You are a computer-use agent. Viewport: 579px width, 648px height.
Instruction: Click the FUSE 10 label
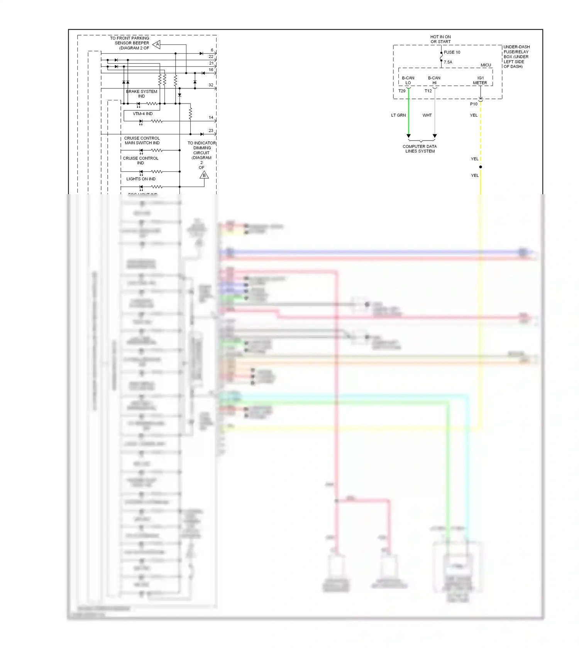[452, 52]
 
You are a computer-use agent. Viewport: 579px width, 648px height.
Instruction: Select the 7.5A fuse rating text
[448, 62]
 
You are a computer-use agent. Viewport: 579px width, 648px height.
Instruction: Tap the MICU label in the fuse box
[486, 65]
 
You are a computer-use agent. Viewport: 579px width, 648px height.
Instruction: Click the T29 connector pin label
[402, 91]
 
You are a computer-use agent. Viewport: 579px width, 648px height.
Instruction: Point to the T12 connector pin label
[428, 91]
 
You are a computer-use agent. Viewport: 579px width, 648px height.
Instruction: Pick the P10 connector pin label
[474, 104]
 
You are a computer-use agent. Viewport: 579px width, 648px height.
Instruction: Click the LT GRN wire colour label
[398, 115]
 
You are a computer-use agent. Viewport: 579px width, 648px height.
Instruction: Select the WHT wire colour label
[427, 115]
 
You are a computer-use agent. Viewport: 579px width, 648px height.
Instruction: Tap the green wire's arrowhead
[408, 136]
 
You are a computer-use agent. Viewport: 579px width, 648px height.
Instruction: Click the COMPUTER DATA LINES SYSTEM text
[420, 149]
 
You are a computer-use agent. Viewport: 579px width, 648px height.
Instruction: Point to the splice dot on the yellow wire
[481, 167]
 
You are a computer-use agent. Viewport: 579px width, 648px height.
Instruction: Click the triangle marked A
[157, 45]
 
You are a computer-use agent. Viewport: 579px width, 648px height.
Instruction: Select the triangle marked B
[204, 175]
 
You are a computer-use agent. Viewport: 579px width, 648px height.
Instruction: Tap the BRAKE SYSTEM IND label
[142, 94]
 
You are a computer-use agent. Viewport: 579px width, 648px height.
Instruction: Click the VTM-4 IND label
[143, 114]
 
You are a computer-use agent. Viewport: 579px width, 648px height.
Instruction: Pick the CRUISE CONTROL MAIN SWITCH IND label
[142, 141]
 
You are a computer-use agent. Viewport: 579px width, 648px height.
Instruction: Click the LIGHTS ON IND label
[141, 179]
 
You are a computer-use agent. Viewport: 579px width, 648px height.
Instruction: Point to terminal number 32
[211, 85]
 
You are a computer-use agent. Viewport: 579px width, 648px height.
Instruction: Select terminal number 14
[211, 117]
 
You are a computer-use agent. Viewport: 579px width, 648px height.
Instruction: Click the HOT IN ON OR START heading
[440, 39]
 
